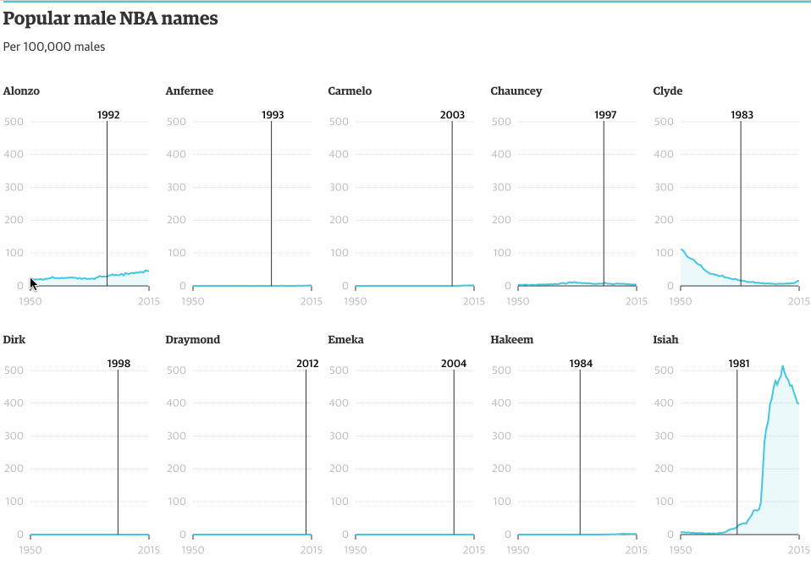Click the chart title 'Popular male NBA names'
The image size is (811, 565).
coord(110,19)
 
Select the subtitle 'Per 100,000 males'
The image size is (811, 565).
coord(54,47)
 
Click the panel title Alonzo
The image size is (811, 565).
coord(21,91)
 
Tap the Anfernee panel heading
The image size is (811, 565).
coord(190,91)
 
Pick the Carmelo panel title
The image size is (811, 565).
coord(350,91)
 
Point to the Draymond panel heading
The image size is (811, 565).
coord(192,340)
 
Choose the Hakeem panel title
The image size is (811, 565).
coord(511,340)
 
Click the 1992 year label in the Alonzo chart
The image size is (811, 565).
coord(108,115)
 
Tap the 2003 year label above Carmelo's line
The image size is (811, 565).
coord(452,115)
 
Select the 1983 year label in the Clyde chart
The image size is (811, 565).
coord(742,115)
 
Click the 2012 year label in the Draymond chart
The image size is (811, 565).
coord(307,364)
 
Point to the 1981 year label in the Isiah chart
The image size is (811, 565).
coord(738,364)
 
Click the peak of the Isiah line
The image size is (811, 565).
coord(782,366)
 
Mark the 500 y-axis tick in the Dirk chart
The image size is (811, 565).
coord(14,370)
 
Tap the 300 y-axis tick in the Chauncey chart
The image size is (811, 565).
coord(501,187)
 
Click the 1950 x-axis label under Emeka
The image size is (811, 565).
coord(356,550)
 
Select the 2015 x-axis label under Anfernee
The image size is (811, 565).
coord(312,301)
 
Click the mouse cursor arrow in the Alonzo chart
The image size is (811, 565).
coord(33,284)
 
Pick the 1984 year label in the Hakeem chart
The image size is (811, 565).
coord(581,364)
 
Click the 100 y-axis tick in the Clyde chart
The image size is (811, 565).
coord(664,253)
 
